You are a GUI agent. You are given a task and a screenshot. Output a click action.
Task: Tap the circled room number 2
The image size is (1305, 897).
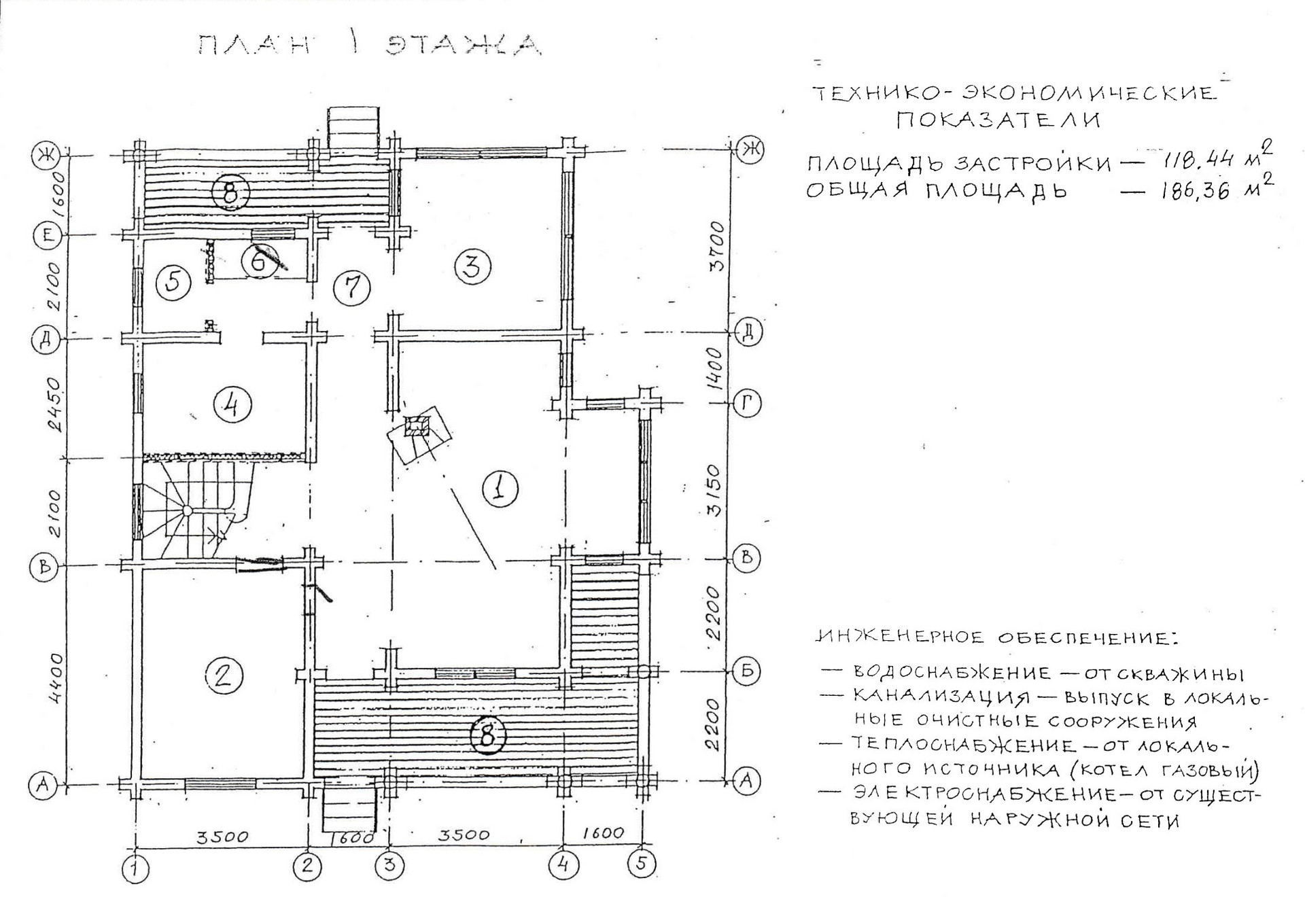[x=224, y=675]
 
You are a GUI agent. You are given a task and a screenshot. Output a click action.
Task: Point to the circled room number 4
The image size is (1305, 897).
[x=232, y=405]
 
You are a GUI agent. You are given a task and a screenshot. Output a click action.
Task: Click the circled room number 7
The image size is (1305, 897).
[x=352, y=287]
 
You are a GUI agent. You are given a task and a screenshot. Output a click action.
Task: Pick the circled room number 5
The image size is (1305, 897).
[x=173, y=281]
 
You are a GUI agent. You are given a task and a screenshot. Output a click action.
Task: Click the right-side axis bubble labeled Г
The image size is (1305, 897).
[x=747, y=404]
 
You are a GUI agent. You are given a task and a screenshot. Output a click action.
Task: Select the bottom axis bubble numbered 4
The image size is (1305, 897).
[x=563, y=865]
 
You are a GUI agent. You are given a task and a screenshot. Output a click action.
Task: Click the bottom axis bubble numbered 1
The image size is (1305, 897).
[x=136, y=868]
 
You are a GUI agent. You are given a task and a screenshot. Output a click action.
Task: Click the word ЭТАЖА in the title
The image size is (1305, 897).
[x=463, y=45]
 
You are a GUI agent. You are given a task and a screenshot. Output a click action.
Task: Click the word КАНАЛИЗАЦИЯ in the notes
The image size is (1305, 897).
[x=941, y=698]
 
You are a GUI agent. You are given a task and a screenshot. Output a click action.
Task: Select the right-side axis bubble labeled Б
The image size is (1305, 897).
[x=747, y=671]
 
